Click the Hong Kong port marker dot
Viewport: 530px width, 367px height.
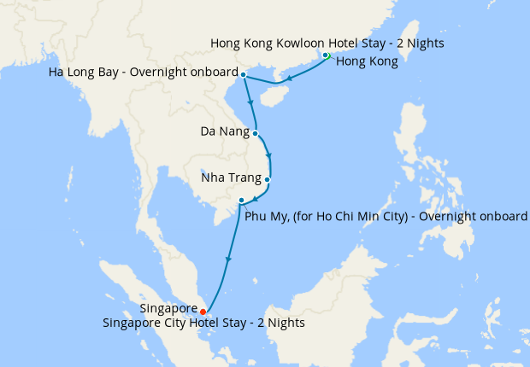[x=326, y=56]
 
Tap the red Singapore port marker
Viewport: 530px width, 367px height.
[x=203, y=312]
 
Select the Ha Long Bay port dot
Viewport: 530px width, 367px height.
[x=244, y=75]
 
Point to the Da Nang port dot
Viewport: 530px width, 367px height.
[x=256, y=133]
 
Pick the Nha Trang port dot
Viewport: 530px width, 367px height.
[x=268, y=179]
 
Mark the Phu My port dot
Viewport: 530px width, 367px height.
[x=242, y=201]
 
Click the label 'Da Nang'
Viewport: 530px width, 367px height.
[x=225, y=132]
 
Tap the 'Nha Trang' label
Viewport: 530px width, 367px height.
[x=231, y=179]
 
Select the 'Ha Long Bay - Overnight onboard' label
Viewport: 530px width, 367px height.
[x=143, y=74]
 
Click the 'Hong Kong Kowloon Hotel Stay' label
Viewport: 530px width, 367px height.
[x=327, y=43]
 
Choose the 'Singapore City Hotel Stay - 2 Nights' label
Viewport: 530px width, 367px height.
[x=203, y=323]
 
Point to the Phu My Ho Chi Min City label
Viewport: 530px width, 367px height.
[x=386, y=216]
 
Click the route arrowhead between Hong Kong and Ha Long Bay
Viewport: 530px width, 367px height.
[x=290, y=79]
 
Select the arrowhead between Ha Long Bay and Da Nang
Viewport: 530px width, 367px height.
[x=250, y=102]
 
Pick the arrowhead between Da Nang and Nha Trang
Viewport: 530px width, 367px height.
[x=269, y=156]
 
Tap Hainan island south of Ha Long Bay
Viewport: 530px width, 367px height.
[x=271, y=96]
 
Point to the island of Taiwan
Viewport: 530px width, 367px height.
[x=413, y=43]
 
